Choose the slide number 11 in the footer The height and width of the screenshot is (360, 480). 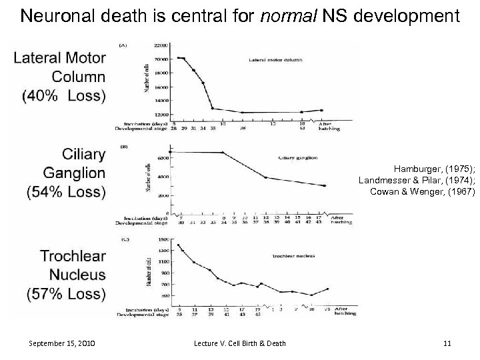click(x=447, y=343)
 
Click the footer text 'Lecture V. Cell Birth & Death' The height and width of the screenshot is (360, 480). click(x=240, y=343)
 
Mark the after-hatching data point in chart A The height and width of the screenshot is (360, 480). click(x=321, y=110)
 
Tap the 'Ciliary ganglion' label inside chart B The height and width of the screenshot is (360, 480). click(x=297, y=158)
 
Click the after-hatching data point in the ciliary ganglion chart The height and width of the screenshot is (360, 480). click(x=325, y=186)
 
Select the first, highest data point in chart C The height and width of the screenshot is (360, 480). click(x=178, y=245)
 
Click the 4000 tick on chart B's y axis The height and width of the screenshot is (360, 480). click(x=161, y=177)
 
